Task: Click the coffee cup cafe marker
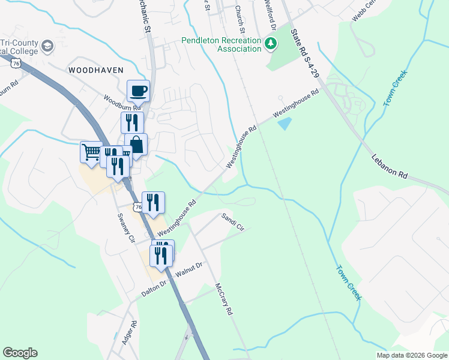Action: point(138,91)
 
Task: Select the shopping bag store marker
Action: point(136,145)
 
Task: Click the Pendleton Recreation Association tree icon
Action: point(271,43)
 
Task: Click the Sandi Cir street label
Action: point(234,221)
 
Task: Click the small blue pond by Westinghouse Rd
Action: point(285,124)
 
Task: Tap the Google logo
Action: point(20,353)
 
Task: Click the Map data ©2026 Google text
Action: point(411,355)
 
